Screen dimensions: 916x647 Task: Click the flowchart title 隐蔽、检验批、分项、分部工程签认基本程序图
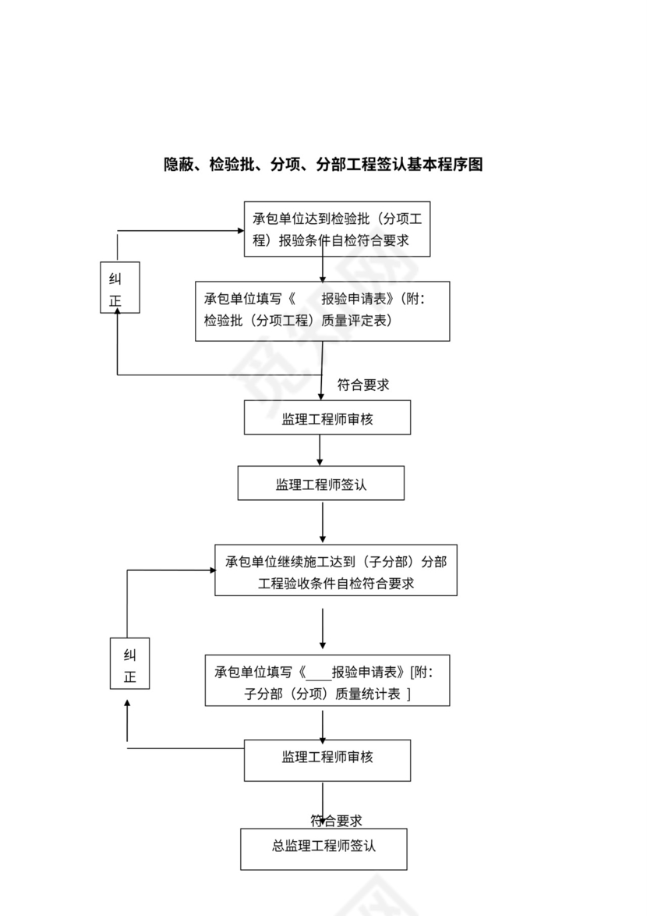(323, 165)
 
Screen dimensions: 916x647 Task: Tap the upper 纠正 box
(120, 288)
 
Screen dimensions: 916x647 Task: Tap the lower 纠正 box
(129, 663)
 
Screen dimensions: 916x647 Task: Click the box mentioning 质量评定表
(322, 311)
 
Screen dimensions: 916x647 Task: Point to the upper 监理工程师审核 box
(327, 418)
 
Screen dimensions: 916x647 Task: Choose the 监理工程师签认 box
(320, 484)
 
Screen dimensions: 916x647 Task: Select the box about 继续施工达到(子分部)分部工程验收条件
(336, 570)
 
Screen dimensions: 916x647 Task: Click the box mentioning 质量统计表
(327, 680)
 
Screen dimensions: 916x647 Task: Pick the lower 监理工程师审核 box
(327, 759)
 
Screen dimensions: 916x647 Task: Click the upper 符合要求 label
(363, 385)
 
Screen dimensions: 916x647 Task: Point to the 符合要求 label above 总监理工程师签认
(337, 821)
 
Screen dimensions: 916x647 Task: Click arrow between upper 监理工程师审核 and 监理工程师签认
(320, 450)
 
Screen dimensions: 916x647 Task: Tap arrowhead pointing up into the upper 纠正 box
(118, 311)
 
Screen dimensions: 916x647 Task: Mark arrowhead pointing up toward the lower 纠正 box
(127, 704)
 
